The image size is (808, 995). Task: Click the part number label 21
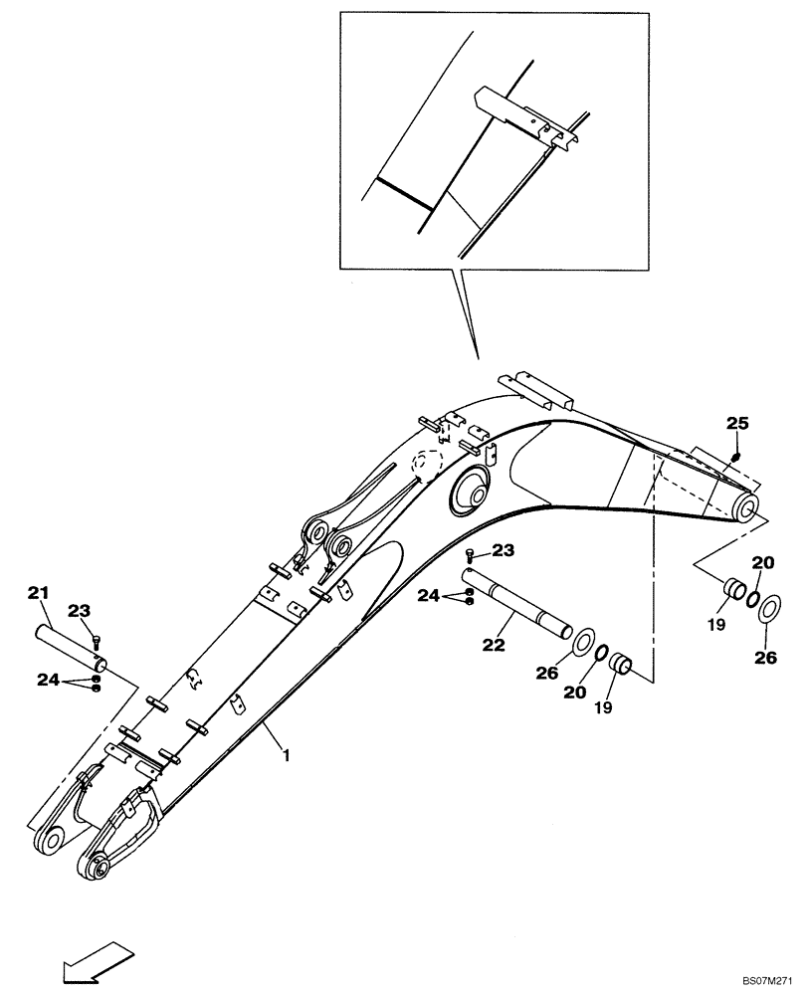coord(39,594)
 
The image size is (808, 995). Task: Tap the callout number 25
coord(736,424)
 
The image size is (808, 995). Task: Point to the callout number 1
coord(287,756)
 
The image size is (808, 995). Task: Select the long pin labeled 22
coord(517,605)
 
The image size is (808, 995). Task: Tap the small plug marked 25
coord(735,457)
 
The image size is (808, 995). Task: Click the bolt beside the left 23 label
coord(97,640)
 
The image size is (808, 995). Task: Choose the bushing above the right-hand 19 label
coord(734,589)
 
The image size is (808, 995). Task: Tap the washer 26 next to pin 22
coord(584,638)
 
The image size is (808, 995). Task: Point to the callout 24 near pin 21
coord(50,682)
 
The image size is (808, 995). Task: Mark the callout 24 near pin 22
coord(429,595)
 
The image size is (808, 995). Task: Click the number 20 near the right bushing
coord(762,562)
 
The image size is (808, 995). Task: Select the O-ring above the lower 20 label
coord(601,652)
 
